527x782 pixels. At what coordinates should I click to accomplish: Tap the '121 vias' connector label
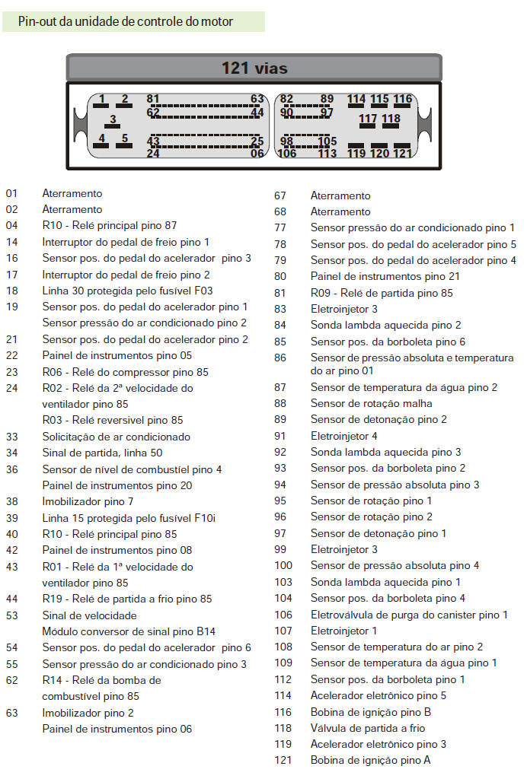coord(254,68)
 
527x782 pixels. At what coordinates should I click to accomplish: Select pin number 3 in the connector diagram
coord(113,119)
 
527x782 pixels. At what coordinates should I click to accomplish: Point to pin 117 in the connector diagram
coord(368,119)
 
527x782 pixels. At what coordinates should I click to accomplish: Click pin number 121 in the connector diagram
coord(402,153)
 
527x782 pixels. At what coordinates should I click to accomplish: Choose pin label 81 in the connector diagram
coord(153,99)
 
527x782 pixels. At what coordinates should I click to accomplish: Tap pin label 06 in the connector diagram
coord(257,153)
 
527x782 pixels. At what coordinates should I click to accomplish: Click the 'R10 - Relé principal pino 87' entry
coord(109,225)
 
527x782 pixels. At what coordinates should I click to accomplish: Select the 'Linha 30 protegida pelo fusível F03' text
coord(127,291)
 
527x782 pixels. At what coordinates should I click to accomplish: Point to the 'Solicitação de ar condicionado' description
coord(116,437)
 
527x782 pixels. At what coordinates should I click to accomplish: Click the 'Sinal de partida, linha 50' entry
coord(102,453)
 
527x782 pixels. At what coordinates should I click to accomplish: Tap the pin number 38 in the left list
coord(11,501)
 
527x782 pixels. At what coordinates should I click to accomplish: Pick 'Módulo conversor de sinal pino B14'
coord(129,631)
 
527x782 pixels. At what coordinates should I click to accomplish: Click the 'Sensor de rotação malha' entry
coord(371,403)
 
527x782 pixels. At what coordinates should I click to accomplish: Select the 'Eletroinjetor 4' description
coord(343,436)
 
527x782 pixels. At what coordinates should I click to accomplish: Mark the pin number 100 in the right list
coord(283,565)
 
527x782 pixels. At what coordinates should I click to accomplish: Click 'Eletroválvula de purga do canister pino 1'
coord(409,615)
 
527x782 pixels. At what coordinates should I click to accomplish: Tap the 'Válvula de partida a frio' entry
coord(368,728)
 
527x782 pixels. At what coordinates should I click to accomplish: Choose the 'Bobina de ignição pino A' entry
coord(370,760)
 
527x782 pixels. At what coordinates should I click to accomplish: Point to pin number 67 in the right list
coord(280,195)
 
